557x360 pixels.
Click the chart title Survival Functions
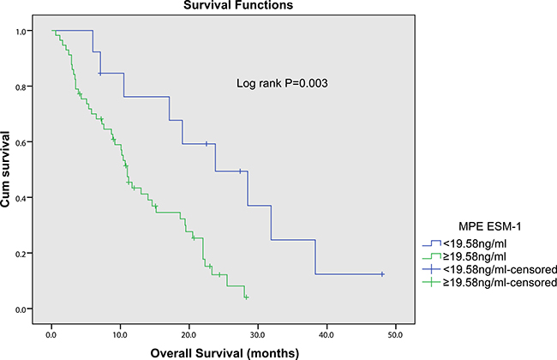tap(238, 5)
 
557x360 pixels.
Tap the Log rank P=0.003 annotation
tap(282, 83)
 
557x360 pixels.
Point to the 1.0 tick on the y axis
tap(21, 31)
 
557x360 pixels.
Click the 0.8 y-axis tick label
tap(21, 87)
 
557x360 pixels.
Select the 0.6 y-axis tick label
tap(21, 142)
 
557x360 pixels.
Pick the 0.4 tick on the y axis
tap(21, 198)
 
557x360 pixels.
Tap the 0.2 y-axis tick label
tap(21, 254)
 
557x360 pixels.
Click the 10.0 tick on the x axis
tap(120, 335)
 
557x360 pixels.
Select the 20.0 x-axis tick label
tap(189, 335)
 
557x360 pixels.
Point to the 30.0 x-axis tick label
tap(258, 335)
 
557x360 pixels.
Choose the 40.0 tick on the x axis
tap(326, 335)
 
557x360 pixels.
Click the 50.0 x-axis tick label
tap(395, 335)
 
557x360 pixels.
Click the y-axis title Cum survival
tap(5, 169)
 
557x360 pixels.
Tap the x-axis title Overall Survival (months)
tap(225, 353)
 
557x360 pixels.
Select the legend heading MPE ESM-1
tap(490, 226)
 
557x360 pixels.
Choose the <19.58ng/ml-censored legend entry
tap(489, 270)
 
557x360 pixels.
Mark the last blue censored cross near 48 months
tap(382, 274)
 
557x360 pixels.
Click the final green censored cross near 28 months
tap(246, 297)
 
